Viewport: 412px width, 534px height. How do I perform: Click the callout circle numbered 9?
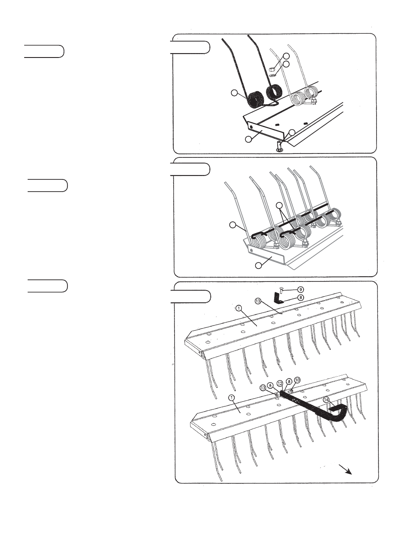pos(300,290)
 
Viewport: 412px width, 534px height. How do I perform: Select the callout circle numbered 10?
pos(297,380)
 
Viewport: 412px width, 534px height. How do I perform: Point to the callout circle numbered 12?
pos(280,384)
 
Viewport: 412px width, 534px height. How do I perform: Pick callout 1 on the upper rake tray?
pos(238,308)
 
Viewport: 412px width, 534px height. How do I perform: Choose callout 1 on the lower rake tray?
pos(232,397)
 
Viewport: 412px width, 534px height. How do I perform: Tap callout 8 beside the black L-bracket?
pos(300,298)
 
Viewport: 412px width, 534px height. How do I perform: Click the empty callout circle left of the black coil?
pos(235,93)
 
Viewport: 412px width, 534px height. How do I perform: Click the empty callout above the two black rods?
pos(279,205)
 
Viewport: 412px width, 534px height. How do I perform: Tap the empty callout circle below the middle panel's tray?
pos(258,265)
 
